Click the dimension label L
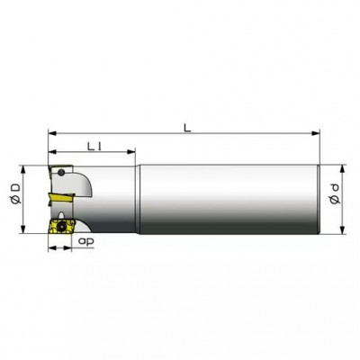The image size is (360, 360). [x=187, y=128]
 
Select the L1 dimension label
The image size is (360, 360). [x=94, y=147]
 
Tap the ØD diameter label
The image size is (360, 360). [x=15, y=193]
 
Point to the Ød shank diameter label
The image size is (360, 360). [x=335, y=194]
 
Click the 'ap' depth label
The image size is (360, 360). [x=85, y=241]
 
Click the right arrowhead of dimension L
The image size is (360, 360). [x=316, y=133]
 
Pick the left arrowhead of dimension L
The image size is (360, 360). [x=52, y=133]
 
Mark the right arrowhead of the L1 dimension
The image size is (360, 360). [x=131, y=152]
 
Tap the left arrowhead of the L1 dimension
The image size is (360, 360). [x=52, y=152]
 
